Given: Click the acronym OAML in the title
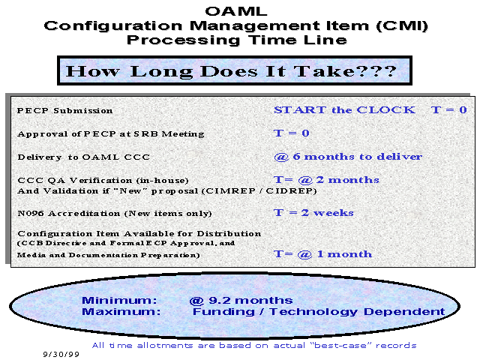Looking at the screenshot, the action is tap(236, 11).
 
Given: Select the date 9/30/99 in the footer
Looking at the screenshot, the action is tap(61, 354).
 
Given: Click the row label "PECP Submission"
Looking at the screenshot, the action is tap(65, 110).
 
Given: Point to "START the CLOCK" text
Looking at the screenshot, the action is tap(344, 110).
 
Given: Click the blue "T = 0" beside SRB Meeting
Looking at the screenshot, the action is tap(292, 133).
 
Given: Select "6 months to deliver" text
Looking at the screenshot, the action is tap(358, 157).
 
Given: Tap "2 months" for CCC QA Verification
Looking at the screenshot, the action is tap(348, 180).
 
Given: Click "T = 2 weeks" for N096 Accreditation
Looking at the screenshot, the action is tap(313, 212).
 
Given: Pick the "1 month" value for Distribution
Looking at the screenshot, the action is tap(344, 253).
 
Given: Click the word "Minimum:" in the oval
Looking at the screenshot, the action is tap(119, 300).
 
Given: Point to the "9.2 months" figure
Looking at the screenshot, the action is tap(250, 300).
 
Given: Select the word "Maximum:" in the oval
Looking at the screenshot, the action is tap(121, 312).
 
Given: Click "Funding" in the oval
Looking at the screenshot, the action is tap(223, 312).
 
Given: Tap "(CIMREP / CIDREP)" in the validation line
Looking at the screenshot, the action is tap(259, 191).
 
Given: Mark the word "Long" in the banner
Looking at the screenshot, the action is tap(161, 72).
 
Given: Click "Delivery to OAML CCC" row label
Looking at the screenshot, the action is tap(83, 157).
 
